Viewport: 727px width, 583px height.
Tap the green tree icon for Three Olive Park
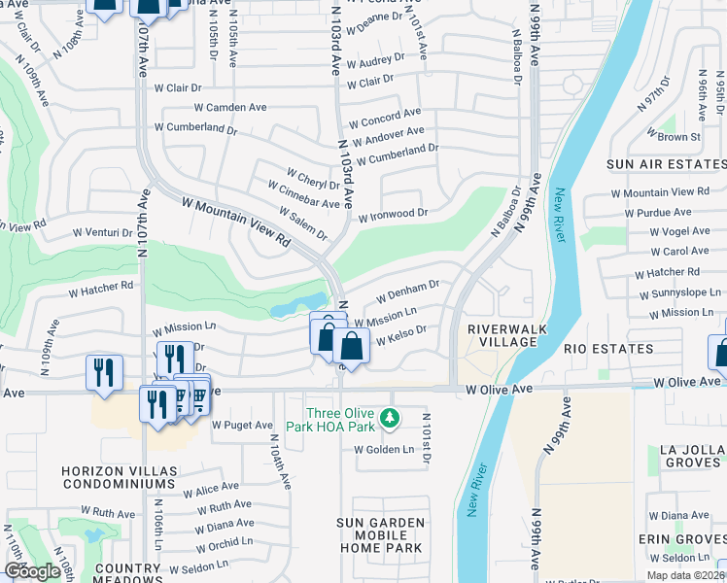click(x=390, y=418)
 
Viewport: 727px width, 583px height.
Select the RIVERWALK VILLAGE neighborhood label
click(x=502, y=335)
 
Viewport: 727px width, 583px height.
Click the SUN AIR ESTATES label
click(x=666, y=165)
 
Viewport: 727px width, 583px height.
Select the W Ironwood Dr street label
click(x=393, y=214)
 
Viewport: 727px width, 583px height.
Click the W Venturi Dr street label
click(x=103, y=233)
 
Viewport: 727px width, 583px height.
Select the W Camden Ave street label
click(x=230, y=108)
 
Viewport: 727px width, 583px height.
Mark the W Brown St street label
click(x=680, y=137)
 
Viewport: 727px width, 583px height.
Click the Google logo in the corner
click(x=32, y=571)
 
